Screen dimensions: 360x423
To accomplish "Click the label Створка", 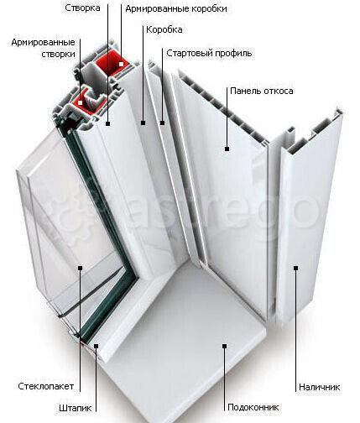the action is [x=82, y=8].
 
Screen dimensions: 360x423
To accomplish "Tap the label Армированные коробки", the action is [x=176, y=9].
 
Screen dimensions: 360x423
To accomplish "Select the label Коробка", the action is [x=164, y=29].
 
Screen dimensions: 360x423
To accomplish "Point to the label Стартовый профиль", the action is [x=209, y=53].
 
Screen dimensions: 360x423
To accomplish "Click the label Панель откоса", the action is [x=262, y=91].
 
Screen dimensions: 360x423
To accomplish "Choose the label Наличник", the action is [x=320, y=387].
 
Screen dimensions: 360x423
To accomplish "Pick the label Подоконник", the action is [x=253, y=407].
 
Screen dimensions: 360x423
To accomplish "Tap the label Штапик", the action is [x=75, y=408].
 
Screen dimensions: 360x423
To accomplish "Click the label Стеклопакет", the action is [x=46, y=386].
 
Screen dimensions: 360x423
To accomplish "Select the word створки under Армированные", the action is [x=58, y=54].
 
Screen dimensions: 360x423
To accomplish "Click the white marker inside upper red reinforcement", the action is [x=121, y=64].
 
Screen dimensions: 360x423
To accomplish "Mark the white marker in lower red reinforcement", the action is [x=81, y=102].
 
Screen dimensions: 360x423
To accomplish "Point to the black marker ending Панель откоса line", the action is [x=227, y=149].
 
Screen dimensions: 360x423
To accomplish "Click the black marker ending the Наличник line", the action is [x=295, y=268].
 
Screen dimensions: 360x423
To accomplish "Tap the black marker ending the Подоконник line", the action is [x=224, y=346].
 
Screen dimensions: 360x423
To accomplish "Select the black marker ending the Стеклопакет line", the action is [x=80, y=268].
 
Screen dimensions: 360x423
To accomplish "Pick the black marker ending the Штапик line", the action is [x=96, y=346].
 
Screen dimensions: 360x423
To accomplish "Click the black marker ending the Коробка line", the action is [x=143, y=123].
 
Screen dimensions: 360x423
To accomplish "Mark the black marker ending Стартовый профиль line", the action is [x=162, y=123].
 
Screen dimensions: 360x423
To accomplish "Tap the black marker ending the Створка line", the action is [x=107, y=123].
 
